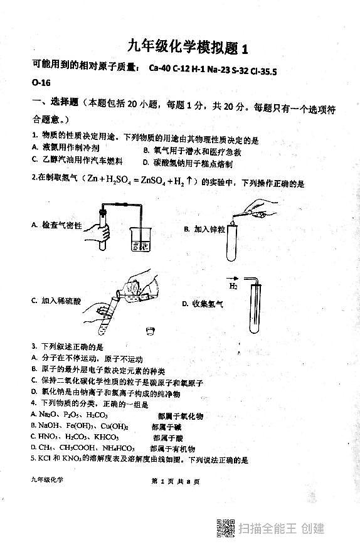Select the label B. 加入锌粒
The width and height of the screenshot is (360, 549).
point(204,230)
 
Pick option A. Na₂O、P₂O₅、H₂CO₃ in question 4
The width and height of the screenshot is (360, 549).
point(69,415)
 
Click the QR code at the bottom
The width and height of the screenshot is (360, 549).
point(225,529)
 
